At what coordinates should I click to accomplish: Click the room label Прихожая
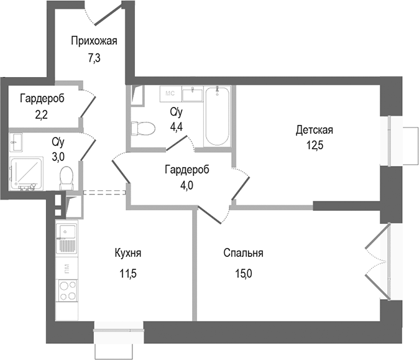pyautogui.click(x=94, y=42)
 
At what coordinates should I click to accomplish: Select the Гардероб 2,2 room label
pyautogui.click(x=42, y=98)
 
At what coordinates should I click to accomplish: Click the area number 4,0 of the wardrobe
pyautogui.click(x=186, y=185)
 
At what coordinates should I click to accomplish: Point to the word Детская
pyautogui.click(x=315, y=131)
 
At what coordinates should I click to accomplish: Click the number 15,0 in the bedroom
pyautogui.click(x=244, y=272)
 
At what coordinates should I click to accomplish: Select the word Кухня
pyautogui.click(x=128, y=253)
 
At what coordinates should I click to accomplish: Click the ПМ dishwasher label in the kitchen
pyautogui.click(x=66, y=269)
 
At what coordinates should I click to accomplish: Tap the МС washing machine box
pyautogui.click(x=170, y=94)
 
